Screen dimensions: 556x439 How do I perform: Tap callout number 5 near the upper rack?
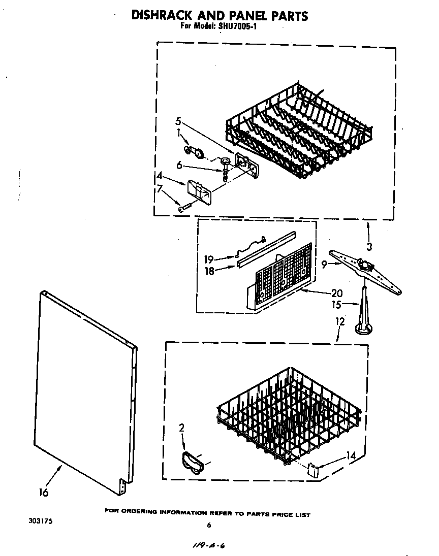click(178, 121)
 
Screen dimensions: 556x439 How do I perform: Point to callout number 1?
click(178, 133)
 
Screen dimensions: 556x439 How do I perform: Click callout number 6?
click(179, 165)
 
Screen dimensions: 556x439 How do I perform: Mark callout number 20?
click(336, 293)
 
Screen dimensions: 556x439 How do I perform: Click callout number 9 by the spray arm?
click(324, 264)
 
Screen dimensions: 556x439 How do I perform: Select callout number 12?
click(340, 322)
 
